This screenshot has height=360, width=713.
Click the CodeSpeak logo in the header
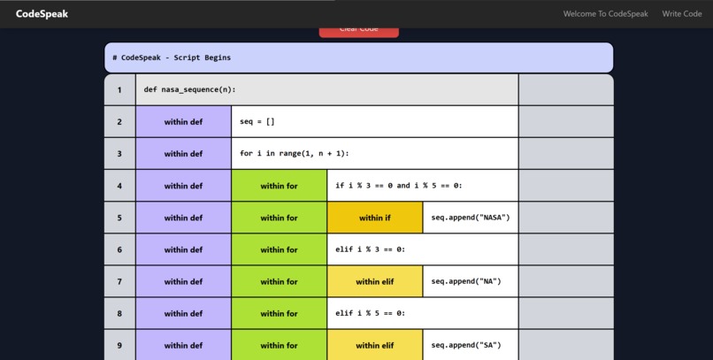[x=42, y=14]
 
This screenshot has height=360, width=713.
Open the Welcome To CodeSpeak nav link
[x=605, y=14]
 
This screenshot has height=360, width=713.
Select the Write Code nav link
[x=681, y=14]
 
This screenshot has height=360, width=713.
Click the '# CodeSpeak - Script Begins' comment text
[x=172, y=57]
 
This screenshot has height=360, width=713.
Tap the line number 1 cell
[x=119, y=89]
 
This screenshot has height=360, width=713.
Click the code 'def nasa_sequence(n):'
[x=190, y=89]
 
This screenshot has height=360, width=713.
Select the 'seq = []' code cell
[x=257, y=122]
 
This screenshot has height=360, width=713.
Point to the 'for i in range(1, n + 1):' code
[x=295, y=154]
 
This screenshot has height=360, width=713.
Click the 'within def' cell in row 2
[x=183, y=122]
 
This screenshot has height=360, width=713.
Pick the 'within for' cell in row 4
[x=279, y=186]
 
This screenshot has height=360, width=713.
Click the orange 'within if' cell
[x=374, y=218]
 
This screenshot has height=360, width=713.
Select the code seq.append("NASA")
[x=471, y=218]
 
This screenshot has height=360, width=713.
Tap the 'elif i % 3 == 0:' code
[x=371, y=249]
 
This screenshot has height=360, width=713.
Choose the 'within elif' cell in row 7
[x=374, y=281]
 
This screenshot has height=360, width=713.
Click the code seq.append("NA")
[x=466, y=281]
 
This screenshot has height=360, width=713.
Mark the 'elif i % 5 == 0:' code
[x=371, y=313]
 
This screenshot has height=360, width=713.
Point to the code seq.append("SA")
[x=466, y=345]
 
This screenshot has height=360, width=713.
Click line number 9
[x=119, y=345]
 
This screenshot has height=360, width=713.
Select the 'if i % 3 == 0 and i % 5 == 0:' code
[x=399, y=186]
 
